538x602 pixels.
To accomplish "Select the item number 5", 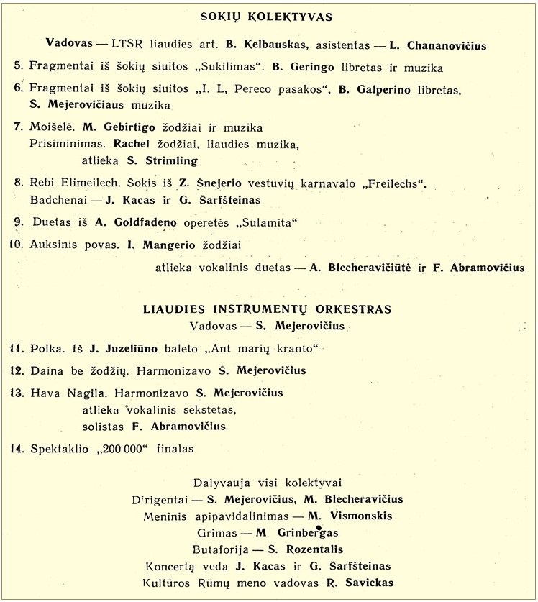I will (18, 67).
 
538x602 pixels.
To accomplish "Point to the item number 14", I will (17, 449).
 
